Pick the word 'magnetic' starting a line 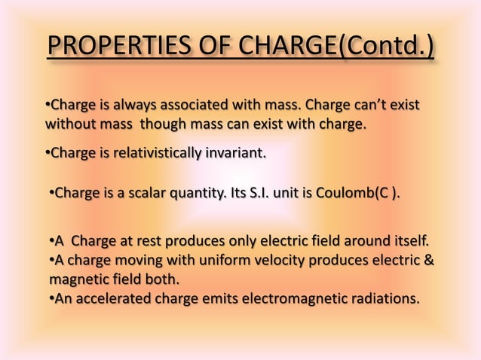click(75, 280)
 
